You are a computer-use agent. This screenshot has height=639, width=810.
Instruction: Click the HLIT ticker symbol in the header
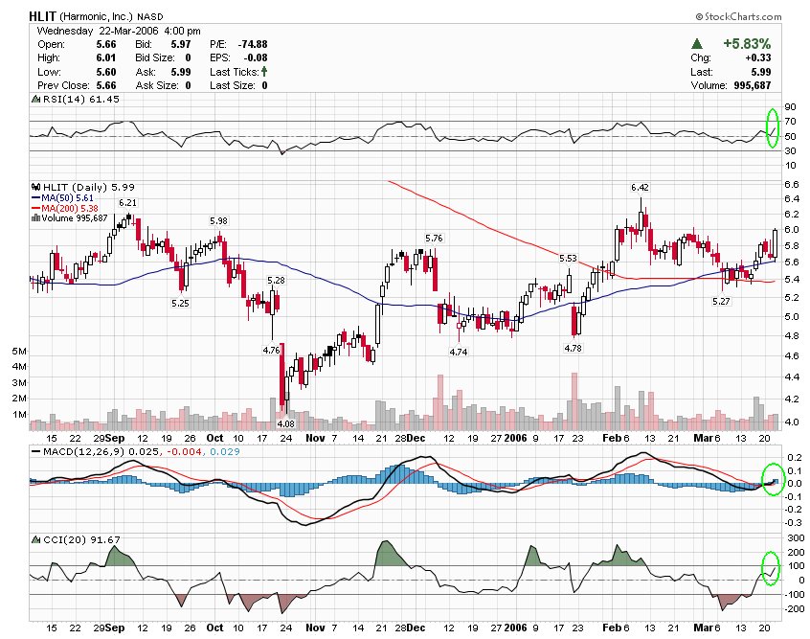pyautogui.click(x=41, y=16)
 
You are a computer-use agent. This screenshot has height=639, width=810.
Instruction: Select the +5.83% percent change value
pyautogui.click(x=747, y=44)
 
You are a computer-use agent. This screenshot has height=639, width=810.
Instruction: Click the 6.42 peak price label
pyautogui.click(x=640, y=186)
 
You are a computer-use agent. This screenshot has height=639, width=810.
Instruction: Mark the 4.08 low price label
pyautogui.click(x=284, y=423)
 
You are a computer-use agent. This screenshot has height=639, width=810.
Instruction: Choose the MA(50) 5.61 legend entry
pyautogui.click(x=68, y=197)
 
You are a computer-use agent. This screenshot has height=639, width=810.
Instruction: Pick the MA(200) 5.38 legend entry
pyautogui.click(x=70, y=208)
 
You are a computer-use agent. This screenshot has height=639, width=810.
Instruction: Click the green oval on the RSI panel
pyautogui.click(x=773, y=128)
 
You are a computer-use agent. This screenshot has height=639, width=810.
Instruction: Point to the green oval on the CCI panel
pyautogui.click(x=771, y=568)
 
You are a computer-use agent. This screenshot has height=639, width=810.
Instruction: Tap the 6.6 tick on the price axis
pyautogui.click(x=791, y=184)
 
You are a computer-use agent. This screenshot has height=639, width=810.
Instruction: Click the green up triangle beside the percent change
pyautogui.click(x=699, y=44)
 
